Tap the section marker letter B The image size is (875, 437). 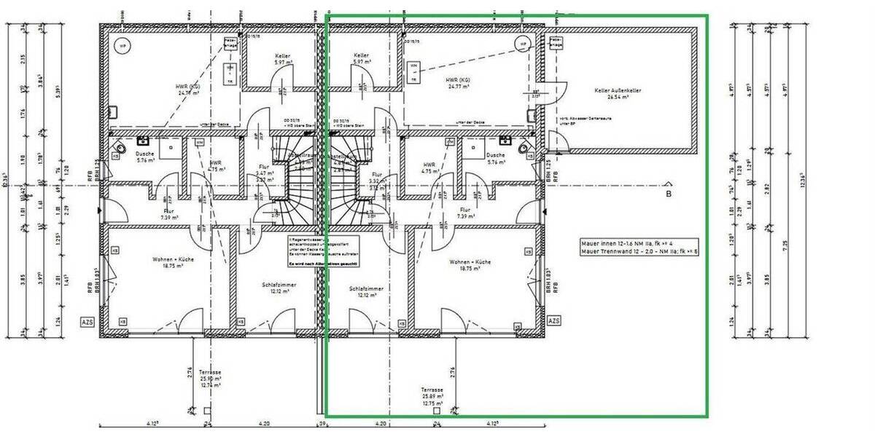(x=668, y=194)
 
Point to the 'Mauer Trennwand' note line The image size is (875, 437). (x=639, y=251)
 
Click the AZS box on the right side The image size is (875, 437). (x=553, y=320)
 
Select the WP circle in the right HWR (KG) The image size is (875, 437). (x=522, y=44)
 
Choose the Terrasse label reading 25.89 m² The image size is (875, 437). (x=432, y=394)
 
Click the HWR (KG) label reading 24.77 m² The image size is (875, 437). (x=457, y=82)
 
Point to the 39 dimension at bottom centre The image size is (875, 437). (x=321, y=423)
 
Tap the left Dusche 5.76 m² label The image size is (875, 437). (x=145, y=158)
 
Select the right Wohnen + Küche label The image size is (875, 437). (x=470, y=264)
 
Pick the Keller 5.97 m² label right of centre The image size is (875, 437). (x=361, y=59)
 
